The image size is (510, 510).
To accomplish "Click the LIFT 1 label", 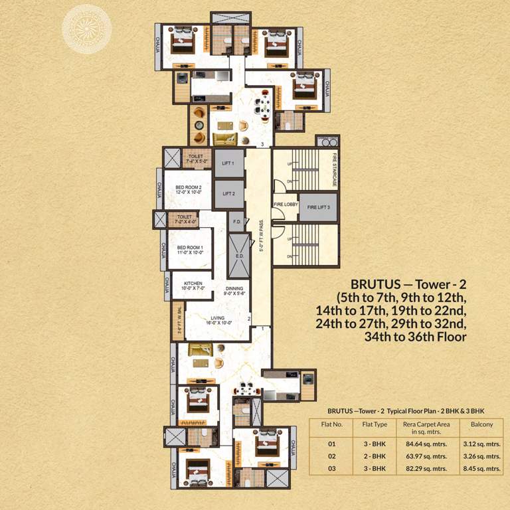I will (228, 163).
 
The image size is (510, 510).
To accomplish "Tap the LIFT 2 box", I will (228, 194).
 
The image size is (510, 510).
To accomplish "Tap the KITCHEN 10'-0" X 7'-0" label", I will (193, 286).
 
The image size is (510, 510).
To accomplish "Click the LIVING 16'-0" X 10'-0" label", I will (217, 320).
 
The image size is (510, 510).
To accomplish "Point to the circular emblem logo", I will (83, 28).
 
